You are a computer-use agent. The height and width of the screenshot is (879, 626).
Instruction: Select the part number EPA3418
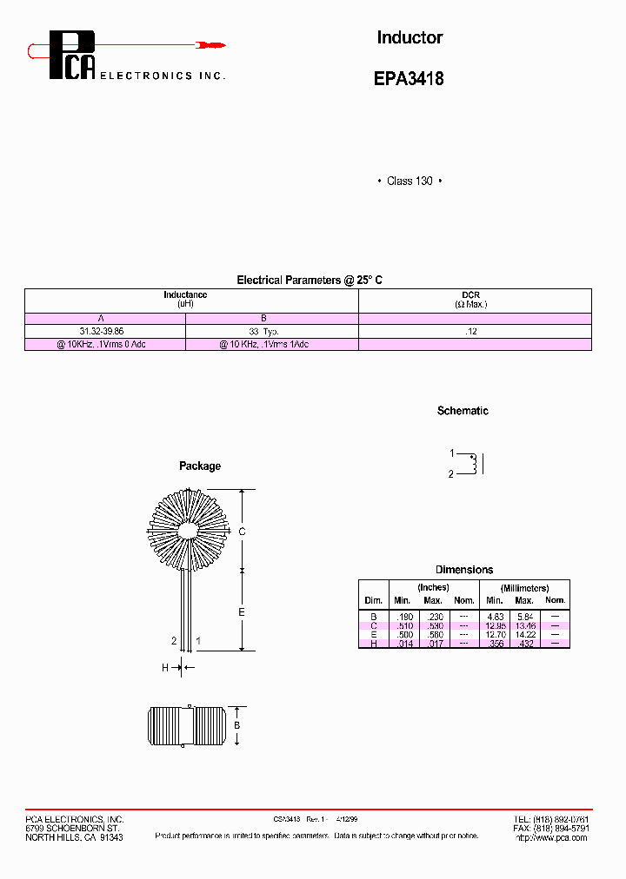(x=409, y=78)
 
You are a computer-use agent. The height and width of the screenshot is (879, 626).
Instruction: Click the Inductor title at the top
(x=410, y=37)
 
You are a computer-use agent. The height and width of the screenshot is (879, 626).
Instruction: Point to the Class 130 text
(x=410, y=181)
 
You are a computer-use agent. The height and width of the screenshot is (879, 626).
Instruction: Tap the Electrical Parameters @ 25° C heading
(x=310, y=280)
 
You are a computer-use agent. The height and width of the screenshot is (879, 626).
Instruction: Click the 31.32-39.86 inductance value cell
(x=102, y=332)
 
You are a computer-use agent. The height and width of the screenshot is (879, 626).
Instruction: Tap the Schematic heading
(x=463, y=411)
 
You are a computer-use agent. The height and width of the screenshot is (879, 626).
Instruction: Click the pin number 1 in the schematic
(x=452, y=453)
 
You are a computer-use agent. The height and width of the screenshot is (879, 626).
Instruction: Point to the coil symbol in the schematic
(x=473, y=464)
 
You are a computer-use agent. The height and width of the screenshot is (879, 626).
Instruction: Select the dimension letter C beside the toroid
(x=243, y=531)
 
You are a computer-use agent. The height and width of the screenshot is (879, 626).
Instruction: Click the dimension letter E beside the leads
(x=243, y=612)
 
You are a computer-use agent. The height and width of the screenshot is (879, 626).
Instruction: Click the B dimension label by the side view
(x=236, y=725)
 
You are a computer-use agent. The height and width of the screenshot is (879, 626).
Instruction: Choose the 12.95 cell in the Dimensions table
(x=495, y=625)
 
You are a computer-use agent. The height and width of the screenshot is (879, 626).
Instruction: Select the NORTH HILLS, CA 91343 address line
(x=74, y=837)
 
